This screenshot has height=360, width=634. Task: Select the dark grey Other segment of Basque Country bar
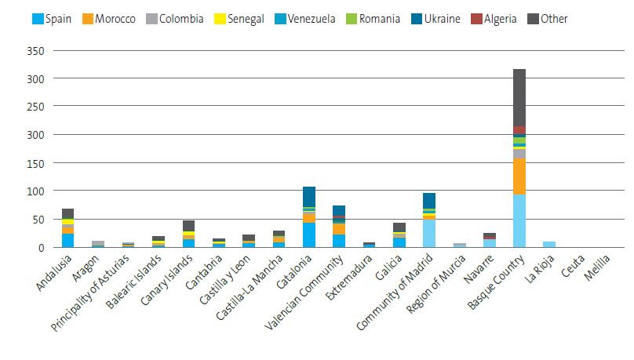519,97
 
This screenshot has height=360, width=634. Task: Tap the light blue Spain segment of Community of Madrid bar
429,234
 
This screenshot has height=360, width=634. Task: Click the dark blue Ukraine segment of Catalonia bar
309,196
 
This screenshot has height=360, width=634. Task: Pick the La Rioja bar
549,244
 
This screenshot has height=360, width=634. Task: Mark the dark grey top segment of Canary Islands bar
188,226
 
